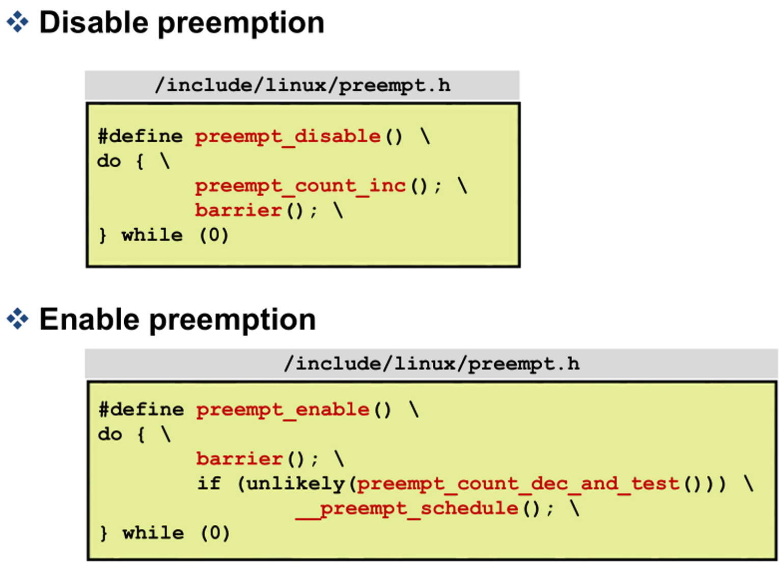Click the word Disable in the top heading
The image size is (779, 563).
tap(93, 23)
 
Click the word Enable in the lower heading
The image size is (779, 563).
tap(89, 319)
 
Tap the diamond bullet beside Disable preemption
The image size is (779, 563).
tap(18, 22)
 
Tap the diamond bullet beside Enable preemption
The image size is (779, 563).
tap(18, 319)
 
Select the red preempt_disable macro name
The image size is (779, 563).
tap(288, 137)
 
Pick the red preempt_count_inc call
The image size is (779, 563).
tap(300, 186)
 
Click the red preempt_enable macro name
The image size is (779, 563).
tap(283, 410)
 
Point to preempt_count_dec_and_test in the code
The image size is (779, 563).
tap(518, 484)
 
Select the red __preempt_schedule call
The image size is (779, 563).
tap(407, 508)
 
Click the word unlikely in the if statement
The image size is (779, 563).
tap(296, 484)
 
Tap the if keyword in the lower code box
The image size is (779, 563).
tap(209, 484)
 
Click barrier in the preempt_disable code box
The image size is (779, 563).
tap(238, 210)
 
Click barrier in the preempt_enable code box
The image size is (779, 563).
tap(239, 459)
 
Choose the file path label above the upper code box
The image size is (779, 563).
tap(302, 86)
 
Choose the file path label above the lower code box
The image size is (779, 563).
tap(431, 364)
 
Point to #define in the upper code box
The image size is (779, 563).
tap(140, 137)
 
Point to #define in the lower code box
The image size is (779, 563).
tap(141, 410)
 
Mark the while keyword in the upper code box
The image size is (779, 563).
tap(152, 235)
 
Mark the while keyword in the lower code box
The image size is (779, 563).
tap(153, 533)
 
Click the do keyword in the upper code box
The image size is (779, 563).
tap(109, 162)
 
